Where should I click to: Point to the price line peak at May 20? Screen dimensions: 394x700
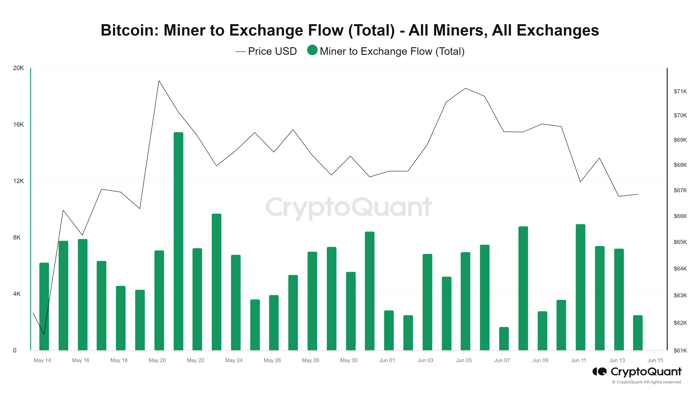tap(159, 81)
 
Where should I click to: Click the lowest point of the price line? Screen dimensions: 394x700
tap(44, 334)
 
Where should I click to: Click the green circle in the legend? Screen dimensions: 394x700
tap(312, 50)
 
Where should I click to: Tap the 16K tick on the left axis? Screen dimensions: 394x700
tap(19, 125)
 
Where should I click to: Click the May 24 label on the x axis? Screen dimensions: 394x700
tap(234, 360)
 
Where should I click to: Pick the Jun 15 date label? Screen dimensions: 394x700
tap(655, 360)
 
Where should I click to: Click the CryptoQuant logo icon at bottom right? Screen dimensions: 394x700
tap(599, 371)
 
